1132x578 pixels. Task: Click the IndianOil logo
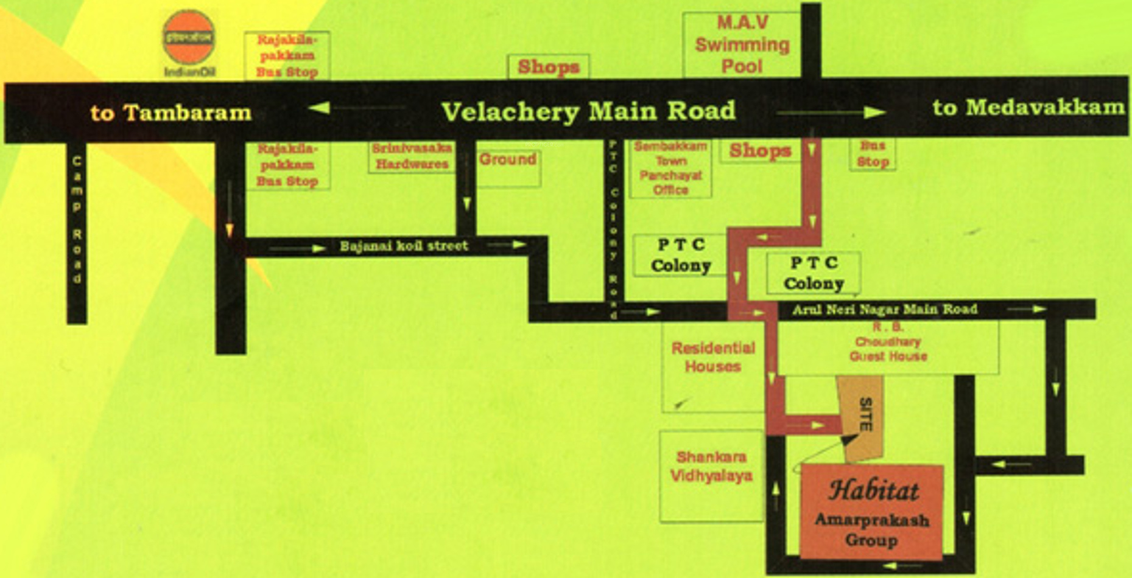pyautogui.click(x=189, y=38)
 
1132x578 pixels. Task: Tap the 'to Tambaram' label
pyautogui.click(x=171, y=113)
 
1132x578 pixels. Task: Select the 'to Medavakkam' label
pyautogui.click(x=1028, y=108)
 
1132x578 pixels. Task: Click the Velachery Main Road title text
pyautogui.click(x=588, y=111)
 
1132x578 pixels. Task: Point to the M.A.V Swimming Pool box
pyautogui.click(x=742, y=44)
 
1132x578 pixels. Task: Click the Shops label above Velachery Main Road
pyautogui.click(x=548, y=67)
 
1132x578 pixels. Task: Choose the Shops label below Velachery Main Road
pyautogui.click(x=760, y=150)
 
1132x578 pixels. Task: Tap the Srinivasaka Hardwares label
pyautogui.click(x=412, y=156)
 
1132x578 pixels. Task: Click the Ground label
pyautogui.click(x=507, y=159)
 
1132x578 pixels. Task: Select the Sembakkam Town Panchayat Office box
pyautogui.click(x=670, y=168)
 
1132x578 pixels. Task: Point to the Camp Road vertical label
pyautogui.click(x=77, y=220)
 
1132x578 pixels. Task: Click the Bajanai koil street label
pyautogui.click(x=404, y=246)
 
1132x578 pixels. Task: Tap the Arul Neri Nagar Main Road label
pyautogui.click(x=884, y=309)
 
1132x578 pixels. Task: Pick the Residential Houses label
pyautogui.click(x=713, y=357)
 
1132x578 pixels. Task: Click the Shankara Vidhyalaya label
pyautogui.click(x=711, y=466)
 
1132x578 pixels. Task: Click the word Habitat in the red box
pyautogui.click(x=874, y=490)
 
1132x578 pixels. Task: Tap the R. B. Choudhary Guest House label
pyautogui.click(x=888, y=343)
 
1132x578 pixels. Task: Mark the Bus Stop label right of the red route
pyautogui.click(x=873, y=155)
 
